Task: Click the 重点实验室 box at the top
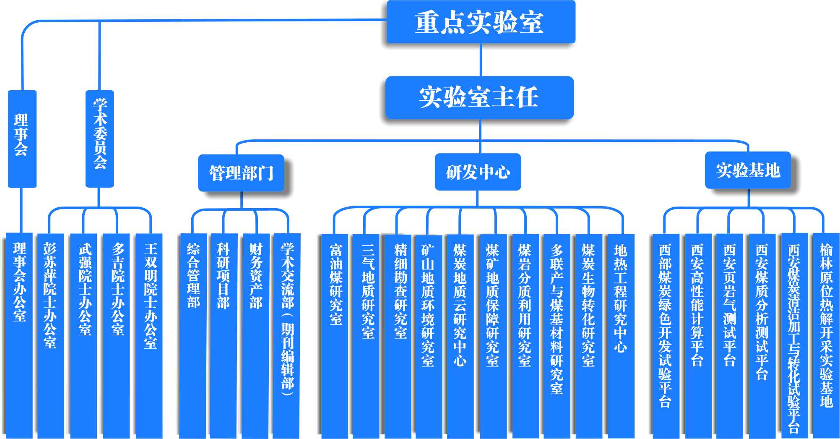tap(481, 22)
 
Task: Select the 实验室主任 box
tap(479, 97)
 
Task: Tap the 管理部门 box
tap(241, 173)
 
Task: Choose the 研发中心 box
tap(478, 172)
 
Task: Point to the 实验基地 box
tap(748, 170)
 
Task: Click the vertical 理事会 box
tap(22, 138)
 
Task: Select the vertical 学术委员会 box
tap(100, 138)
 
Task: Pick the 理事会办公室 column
tap(19, 336)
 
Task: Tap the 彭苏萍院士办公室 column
tap(50, 336)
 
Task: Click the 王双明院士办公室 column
tap(149, 336)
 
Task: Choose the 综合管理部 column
tap(193, 336)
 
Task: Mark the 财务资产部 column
tap(256, 336)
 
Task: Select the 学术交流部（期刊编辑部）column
tap(287, 336)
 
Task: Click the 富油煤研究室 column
tap(335, 336)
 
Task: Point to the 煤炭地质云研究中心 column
tap(460, 336)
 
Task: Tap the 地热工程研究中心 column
tap(621, 336)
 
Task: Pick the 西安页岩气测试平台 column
tap(730, 336)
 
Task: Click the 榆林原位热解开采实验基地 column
tap(826, 336)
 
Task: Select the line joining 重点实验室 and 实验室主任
tap(481, 60)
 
